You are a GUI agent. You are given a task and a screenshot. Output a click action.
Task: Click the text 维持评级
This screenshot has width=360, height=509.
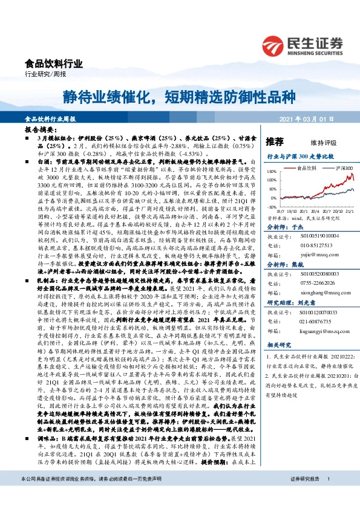click(323, 143)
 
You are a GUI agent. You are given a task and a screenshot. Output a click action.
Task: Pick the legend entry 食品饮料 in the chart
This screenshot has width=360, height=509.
click(308, 167)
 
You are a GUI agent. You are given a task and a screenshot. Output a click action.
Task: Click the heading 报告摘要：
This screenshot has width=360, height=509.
click(40, 129)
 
